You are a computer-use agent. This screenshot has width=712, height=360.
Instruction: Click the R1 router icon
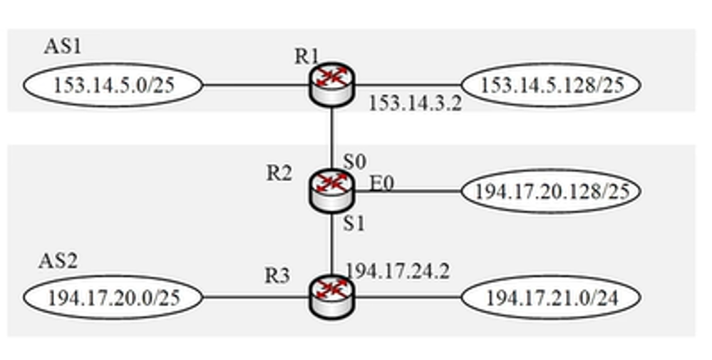tap(332, 85)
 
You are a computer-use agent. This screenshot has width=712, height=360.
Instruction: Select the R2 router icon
tap(332, 190)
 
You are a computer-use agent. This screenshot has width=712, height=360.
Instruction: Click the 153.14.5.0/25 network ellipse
tap(114, 86)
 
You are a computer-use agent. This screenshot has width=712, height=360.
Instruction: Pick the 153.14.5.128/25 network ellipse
tap(551, 85)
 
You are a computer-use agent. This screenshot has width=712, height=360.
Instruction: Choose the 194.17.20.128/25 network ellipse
tap(551, 191)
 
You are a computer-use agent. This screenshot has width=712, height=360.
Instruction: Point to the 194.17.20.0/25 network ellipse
tap(114, 297)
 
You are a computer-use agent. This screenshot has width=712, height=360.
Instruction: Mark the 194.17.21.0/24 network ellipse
tap(551, 297)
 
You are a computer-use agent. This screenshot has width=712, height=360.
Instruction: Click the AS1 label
tap(63, 47)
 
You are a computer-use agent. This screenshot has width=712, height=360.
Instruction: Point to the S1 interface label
tap(354, 223)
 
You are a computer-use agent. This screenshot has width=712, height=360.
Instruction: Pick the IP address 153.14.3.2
tap(415, 104)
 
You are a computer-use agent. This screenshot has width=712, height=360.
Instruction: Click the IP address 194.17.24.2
tap(398, 272)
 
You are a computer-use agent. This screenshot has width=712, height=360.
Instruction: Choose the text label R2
tap(279, 173)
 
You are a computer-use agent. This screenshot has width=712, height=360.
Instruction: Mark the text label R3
tap(277, 276)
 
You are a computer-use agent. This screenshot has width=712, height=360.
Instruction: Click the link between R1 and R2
tap(332, 135)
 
